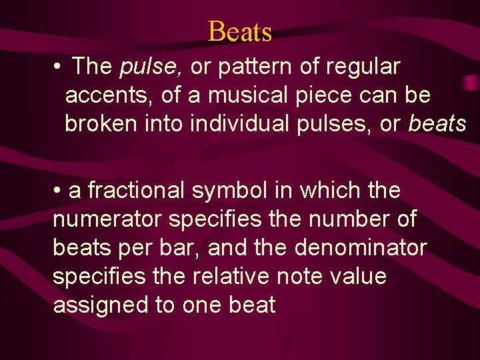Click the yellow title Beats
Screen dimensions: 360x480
240,31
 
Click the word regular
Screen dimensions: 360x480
366,67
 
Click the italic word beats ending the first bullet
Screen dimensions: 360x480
437,123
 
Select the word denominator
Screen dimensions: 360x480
361,247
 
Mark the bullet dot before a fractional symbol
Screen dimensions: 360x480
59,191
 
